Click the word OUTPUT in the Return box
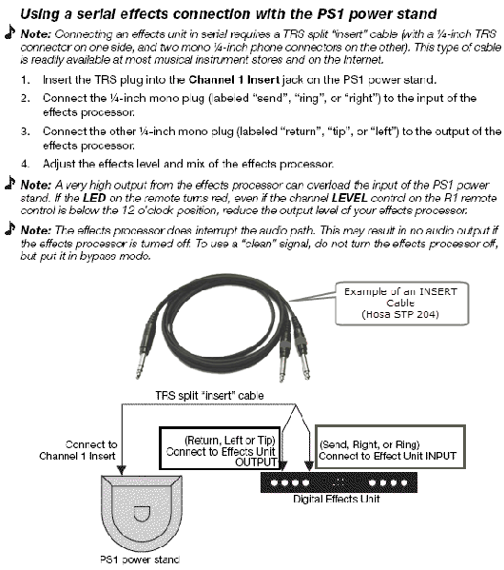pyautogui.click(x=255, y=462)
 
